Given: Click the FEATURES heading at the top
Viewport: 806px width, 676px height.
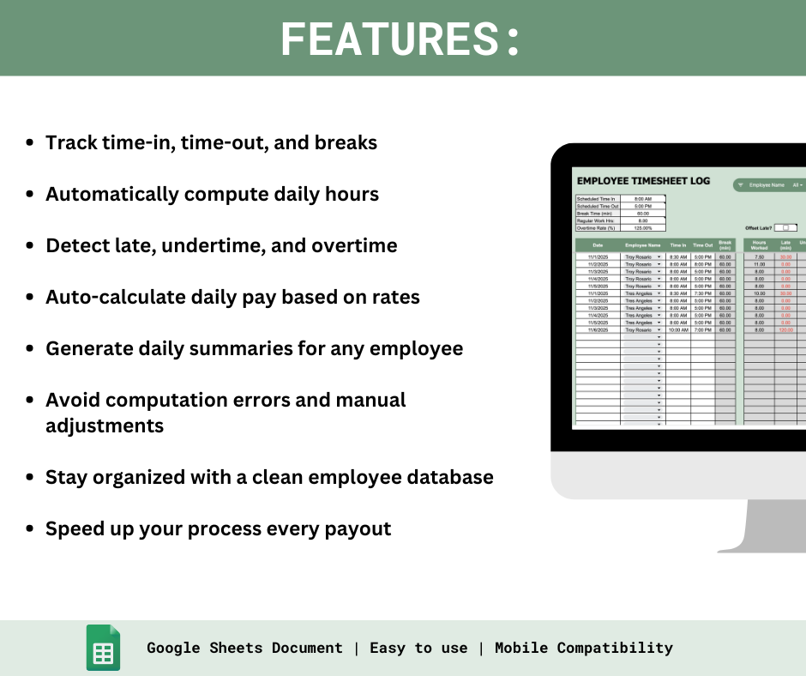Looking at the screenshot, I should pyautogui.click(x=400, y=39).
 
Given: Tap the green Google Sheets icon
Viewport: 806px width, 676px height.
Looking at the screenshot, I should pyautogui.click(x=103, y=648).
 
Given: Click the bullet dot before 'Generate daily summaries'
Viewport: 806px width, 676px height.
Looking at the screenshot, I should pyautogui.click(x=30, y=349).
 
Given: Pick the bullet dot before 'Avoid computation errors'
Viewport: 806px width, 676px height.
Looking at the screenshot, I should pyautogui.click(x=30, y=401).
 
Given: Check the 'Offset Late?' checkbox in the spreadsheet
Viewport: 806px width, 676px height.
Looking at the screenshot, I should pyautogui.click(x=785, y=227).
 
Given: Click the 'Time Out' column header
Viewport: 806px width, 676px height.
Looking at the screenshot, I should pyautogui.click(x=703, y=244).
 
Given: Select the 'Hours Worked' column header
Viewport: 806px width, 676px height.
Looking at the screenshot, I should pyautogui.click(x=759, y=244).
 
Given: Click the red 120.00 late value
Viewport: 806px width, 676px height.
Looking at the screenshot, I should pyautogui.click(x=785, y=329).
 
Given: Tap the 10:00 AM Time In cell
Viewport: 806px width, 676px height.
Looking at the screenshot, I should pyautogui.click(x=678, y=329).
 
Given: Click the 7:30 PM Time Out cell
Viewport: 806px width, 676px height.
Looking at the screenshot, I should pyautogui.click(x=703, y=293).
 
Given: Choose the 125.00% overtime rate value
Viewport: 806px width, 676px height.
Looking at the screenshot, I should pyautogui.click(x=643, y=227).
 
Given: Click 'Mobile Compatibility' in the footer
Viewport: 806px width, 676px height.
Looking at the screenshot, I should pyautogui.click(x=583, y=648).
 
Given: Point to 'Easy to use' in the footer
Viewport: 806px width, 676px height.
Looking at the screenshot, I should pyautogui.click(x=418, y=648).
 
